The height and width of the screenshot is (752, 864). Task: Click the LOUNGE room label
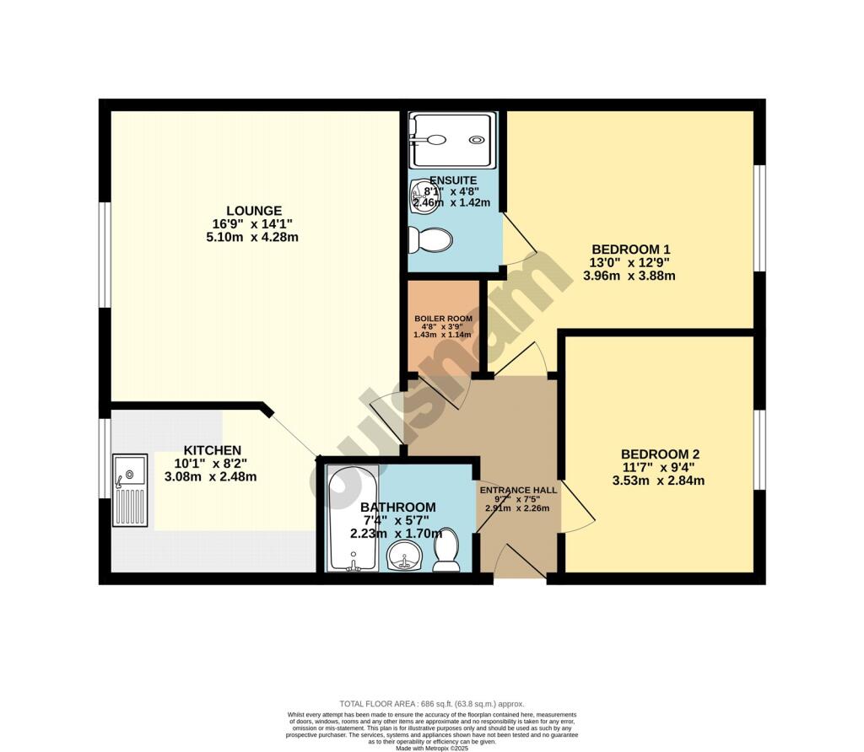(254, 210)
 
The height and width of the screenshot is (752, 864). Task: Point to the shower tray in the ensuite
(451, 141)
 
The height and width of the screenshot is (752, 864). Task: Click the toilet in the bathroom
(446, 549)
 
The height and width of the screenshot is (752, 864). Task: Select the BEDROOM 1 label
(631, 249)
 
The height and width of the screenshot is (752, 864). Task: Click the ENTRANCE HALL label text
(518, 490)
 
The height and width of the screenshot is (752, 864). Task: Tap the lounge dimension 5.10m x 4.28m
(254, 237)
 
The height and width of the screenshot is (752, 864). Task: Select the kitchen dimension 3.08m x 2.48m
(211, 477)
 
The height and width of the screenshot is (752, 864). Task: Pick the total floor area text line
(431, 703)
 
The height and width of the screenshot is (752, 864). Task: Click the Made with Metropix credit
(431, 747)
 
